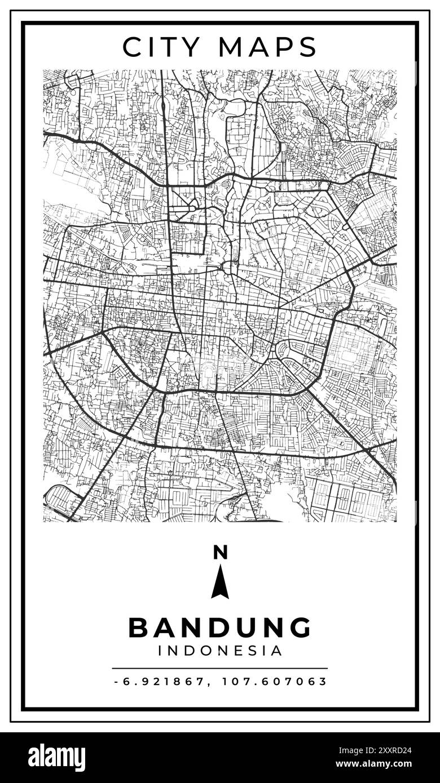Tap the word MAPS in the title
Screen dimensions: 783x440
coord(268,47)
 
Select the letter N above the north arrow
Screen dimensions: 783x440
coord(220,553)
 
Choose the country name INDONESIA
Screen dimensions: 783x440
coord(220,651)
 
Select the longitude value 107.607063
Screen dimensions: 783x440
coord(275,682)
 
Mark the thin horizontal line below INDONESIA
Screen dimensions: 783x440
coord(220,668)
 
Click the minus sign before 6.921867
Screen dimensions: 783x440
coord(116,682)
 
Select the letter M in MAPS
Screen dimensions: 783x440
coord(231,47)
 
